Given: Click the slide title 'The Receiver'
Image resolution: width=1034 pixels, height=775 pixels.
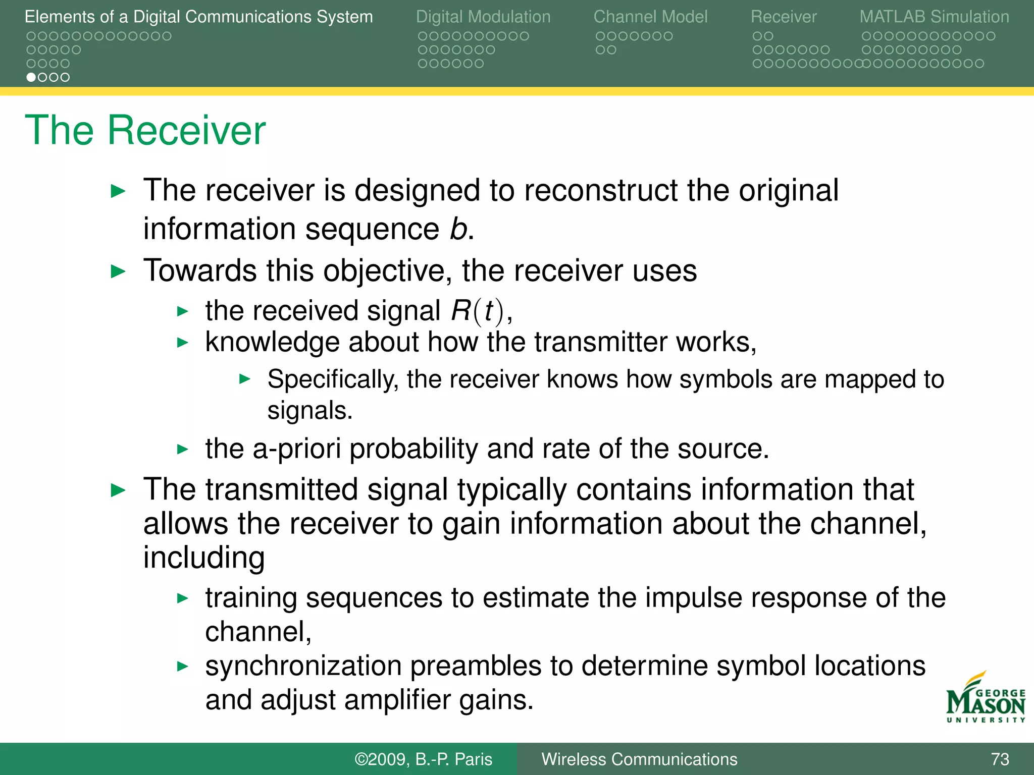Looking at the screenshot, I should click(145, 130).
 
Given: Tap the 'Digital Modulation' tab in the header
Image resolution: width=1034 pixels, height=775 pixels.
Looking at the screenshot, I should click(483, 17).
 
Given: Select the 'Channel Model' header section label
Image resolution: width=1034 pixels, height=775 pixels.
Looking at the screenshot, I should click(650, 17).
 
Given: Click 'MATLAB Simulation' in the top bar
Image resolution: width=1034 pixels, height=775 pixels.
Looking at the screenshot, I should click(934, 17).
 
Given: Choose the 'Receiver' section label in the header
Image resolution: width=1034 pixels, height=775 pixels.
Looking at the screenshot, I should click(783, 17).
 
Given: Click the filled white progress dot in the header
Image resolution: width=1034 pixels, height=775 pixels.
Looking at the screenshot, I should click(31, 77).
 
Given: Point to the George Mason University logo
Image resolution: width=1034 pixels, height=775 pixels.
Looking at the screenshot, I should click(985, 699).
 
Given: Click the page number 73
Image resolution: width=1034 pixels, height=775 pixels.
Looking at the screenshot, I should click(1000, 759).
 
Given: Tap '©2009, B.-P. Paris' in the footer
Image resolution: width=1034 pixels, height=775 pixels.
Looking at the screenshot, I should click(423, 759).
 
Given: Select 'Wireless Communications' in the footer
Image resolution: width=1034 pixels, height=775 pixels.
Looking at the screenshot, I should click(639, 759).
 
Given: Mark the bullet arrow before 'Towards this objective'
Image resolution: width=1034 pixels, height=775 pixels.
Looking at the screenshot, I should click(118, 271).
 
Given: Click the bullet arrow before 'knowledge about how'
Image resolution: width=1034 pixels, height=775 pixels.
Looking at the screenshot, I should click(183, 343).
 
